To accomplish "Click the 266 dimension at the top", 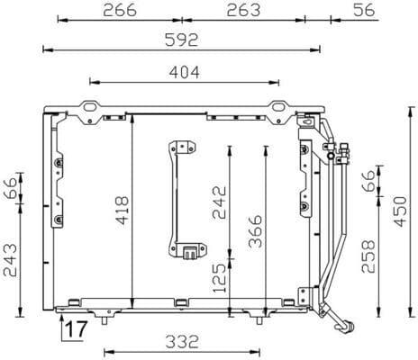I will tap(120, 10).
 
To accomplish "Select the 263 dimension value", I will tap(242, 10).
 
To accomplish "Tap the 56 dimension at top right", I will tap(364, 10).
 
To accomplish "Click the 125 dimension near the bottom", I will tap(217, 280).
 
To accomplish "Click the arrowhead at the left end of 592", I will tap(46, 49).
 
